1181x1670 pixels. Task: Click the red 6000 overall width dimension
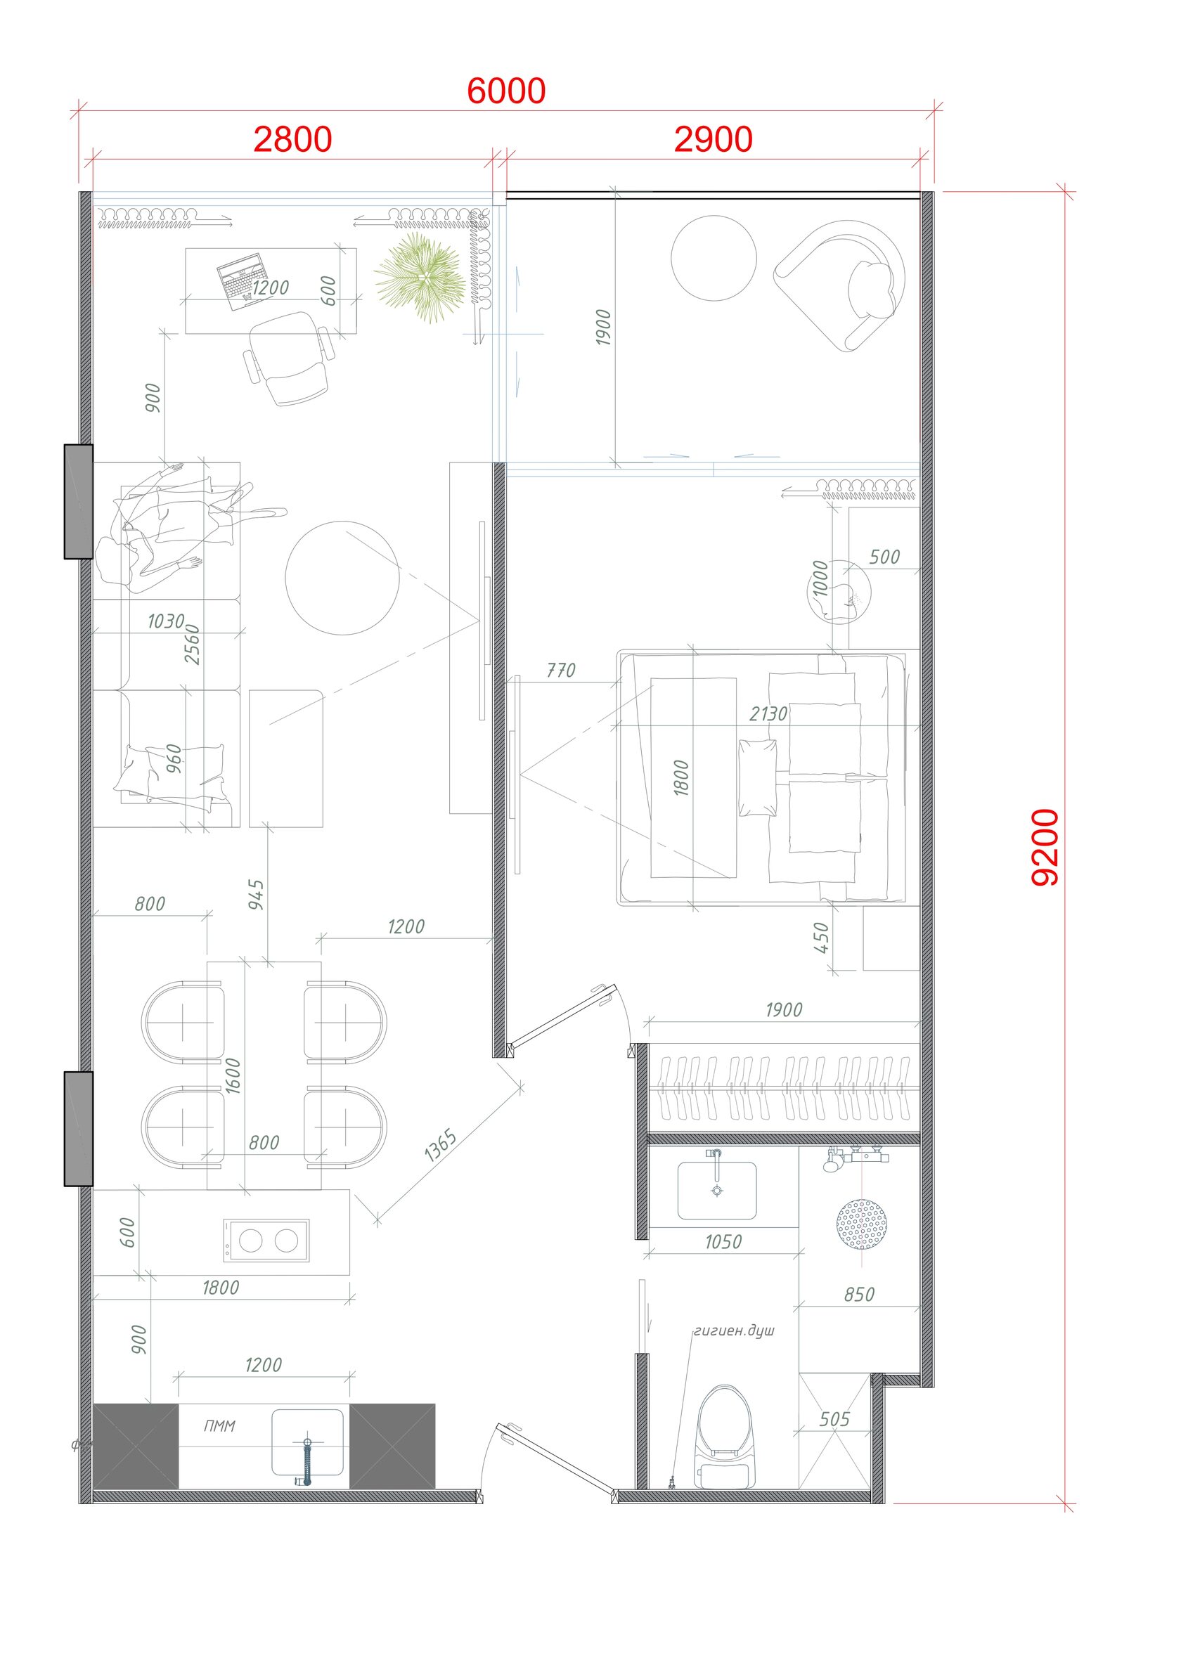(x=505, y=91)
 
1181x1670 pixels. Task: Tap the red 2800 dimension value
(x=292, y=139)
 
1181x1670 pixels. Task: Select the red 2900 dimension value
(x=713, y=139)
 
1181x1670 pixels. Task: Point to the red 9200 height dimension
(x=1045, y=847)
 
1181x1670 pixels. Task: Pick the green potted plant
(x=420, y=277)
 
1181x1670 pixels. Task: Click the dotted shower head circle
(x=862, y=1224)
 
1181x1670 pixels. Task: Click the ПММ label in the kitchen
(x=219, y=1426)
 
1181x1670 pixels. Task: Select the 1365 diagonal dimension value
(x=440, y=1145)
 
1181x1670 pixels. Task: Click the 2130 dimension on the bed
(x=768, y=714)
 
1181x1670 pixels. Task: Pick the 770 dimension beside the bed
(x=561, y=670)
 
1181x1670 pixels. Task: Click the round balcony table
(x=714, y=258)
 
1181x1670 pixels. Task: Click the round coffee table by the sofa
(x=342, y=578)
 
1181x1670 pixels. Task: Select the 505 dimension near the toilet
(x=834, y=1419)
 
